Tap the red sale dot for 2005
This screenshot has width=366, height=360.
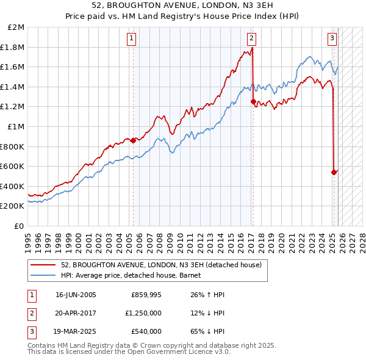[133, 140]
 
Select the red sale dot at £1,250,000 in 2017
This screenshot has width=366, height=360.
[253, 102]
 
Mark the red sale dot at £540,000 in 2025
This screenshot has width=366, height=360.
[334, 172]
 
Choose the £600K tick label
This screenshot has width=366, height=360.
[13, 166]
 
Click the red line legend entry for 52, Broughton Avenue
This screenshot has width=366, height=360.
[161, 265]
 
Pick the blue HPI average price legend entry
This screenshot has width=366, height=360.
[135, 275]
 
